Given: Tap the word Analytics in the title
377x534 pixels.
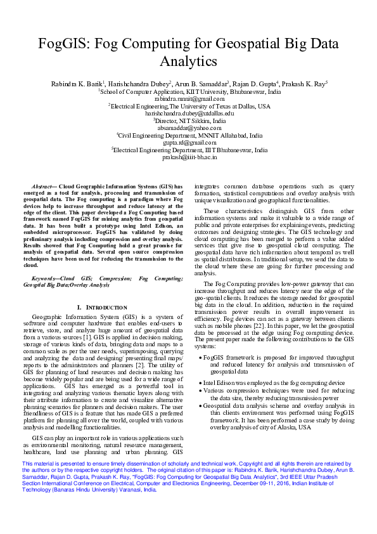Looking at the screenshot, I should [188, 62].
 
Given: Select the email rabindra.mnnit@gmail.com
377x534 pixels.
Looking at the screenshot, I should [189, 99].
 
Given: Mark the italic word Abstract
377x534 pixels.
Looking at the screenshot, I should [42, 187].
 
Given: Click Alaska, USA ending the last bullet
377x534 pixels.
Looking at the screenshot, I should [294, 427].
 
